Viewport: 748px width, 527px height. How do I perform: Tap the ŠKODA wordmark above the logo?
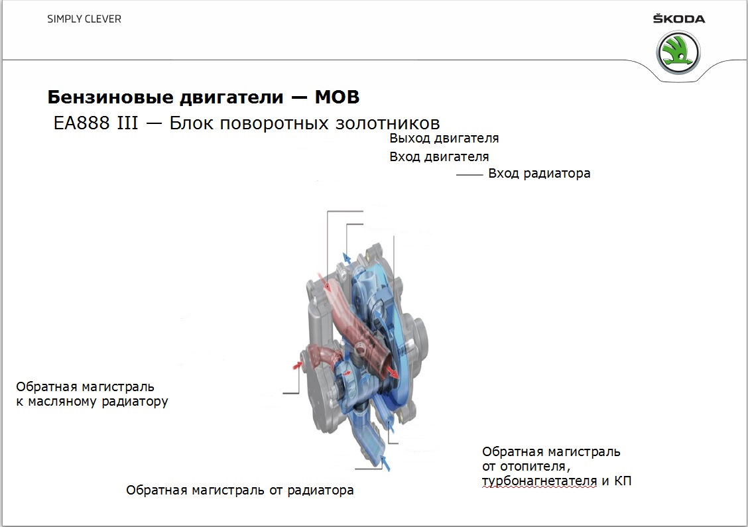pyautogui.click(x=679, y=19)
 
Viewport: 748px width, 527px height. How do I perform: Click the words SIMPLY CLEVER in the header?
pyautogui.click(x=84, y=19)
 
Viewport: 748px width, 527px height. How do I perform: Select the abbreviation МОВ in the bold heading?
pyautogui.click(x=337, y=97)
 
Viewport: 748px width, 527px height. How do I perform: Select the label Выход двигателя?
pyautogui.click(x=444, y=139)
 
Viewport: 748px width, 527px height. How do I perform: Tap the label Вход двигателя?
pyautogui.click(x=439, y=157)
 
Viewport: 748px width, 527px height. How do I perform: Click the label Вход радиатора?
pyautogui.click(x=538, y=174)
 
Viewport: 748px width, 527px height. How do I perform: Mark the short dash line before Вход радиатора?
pyautogui.click(x=468, y=175)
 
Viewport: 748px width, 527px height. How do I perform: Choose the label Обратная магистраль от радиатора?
pyautogui.click(x=239, y=491)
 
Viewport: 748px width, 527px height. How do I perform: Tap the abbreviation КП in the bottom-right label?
pyautogui.click(x=623, y=481)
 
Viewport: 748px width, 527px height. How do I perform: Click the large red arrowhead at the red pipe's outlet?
pyautogui.click(x=393, y=373)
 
